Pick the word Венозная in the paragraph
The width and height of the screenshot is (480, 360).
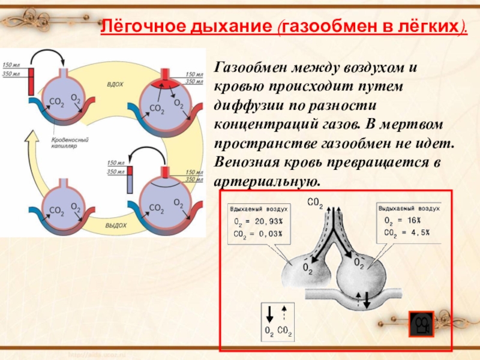[247, 163]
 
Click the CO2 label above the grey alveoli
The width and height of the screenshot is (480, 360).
[315, 202]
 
